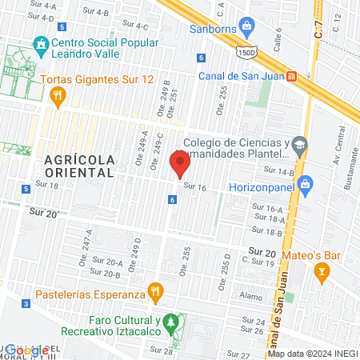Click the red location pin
pyautogui.click(x=181, y=166)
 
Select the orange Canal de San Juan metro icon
pyautogui.click(x=292, y=77)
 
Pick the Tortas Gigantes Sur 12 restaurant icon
pyautogui.click(x=56, y=97)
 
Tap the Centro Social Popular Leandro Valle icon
pyautogui.click(x=39, y=43)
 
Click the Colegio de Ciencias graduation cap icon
pyautogui.click(x=299, y=145)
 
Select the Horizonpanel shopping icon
pyautogui.click(x=305, y=185)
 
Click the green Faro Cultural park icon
pyautogui.click(x=170, y=324)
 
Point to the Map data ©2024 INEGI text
pyautogui.click(x=312, y=354)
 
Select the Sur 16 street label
pyautogui.click(x=195, y=186)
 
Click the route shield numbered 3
pyautogui.click(x=26, y=303)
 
